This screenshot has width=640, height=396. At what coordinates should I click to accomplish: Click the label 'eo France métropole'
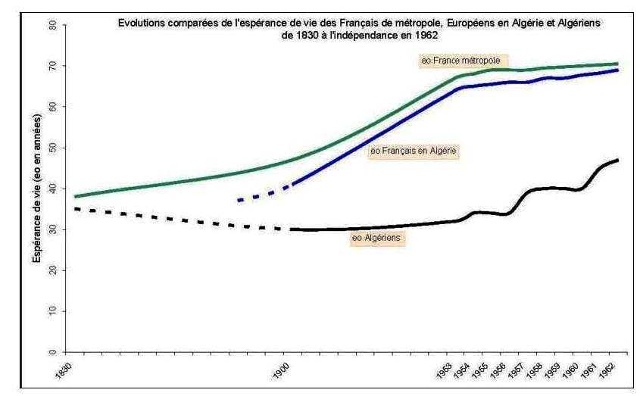464,59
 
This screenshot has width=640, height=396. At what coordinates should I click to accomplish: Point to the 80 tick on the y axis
53,25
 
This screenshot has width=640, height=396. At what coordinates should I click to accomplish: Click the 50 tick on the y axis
53,148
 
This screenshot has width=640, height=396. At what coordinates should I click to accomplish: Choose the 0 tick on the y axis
53,352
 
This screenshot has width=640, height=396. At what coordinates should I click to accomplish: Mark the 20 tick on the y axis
53,270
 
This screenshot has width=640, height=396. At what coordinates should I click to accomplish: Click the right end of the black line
618,160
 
